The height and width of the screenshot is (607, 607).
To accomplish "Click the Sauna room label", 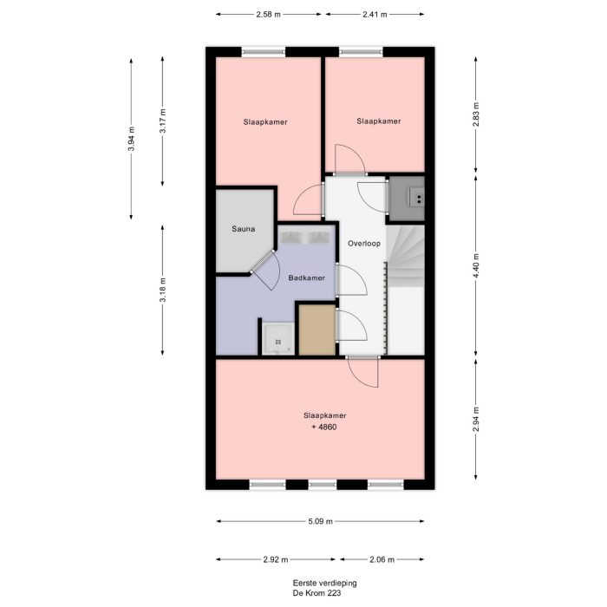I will (243, 230).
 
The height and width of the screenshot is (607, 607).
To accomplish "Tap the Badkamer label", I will (307, 277).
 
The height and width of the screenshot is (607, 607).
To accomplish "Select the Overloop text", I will (364, 244).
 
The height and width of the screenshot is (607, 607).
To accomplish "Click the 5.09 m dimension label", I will (320, 522).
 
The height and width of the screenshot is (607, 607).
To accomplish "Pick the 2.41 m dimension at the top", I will (374, 15).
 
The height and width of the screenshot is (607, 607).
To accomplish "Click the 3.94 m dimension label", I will (131, 139).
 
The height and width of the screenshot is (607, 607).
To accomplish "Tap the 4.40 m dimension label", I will (476, 264).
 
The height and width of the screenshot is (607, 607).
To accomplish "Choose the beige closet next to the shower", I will (317, 330).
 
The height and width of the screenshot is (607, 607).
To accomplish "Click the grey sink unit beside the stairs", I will (407, 199).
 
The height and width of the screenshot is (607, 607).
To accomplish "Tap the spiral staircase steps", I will (404, 256).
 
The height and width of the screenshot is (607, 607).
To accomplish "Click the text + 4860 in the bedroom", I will (319, 428).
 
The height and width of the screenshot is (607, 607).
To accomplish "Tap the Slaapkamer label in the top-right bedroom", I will (379, 121).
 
